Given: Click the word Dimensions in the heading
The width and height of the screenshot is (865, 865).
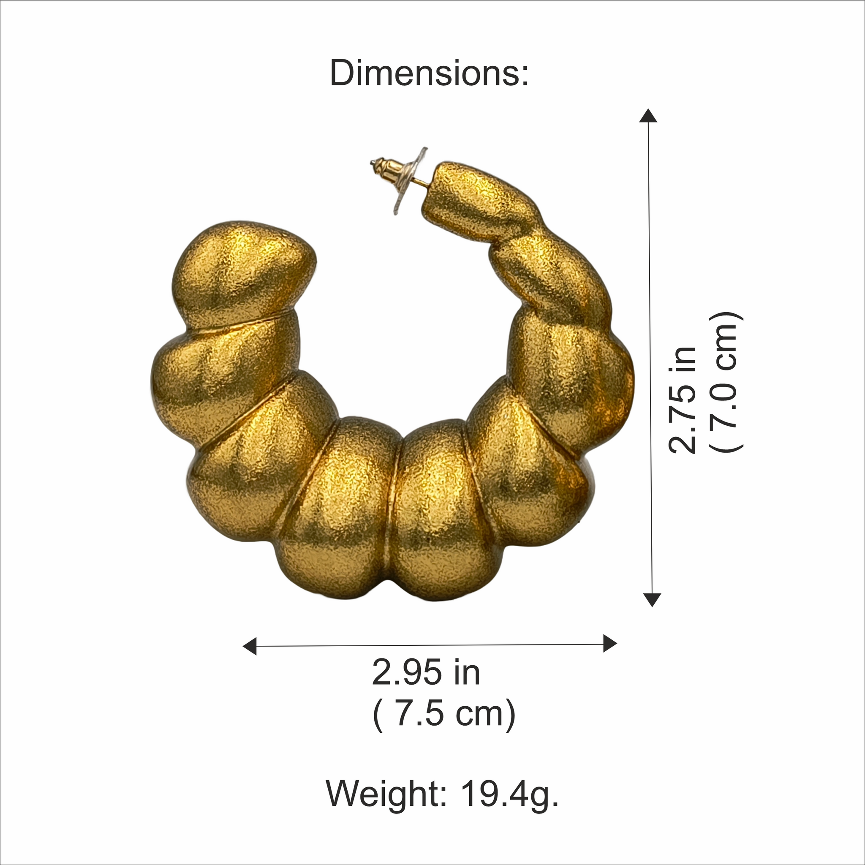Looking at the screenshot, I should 423,73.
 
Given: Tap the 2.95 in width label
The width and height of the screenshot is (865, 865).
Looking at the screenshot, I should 426,672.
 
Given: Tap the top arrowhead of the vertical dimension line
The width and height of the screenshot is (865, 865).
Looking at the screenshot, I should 648,116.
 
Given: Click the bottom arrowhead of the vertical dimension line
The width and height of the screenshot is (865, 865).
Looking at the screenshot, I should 652,599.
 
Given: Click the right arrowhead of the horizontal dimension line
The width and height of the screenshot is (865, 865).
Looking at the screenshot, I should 610,643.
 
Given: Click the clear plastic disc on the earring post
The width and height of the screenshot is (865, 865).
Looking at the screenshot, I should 408,181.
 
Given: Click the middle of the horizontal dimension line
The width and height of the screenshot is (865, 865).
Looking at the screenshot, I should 430,645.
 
